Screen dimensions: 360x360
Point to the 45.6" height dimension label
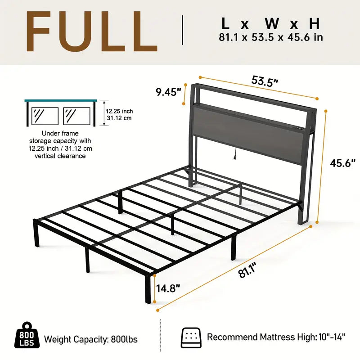(x=343, y=163)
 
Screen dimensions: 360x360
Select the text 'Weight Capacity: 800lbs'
(x=90, y=338)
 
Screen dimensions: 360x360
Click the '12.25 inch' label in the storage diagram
(x=119, y=111)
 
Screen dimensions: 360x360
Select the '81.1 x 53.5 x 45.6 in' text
(x=270, y=37)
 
